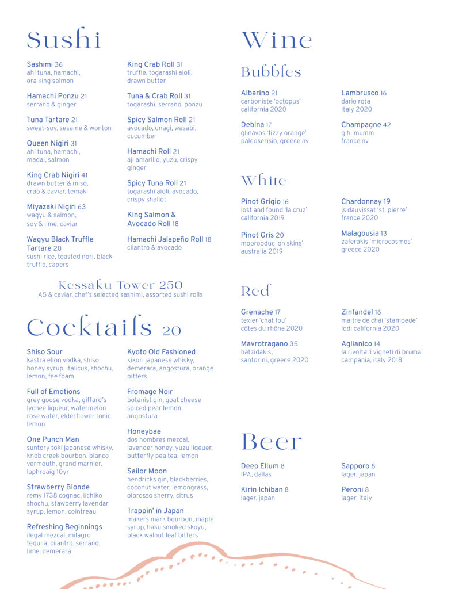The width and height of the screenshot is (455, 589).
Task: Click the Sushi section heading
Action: tap(64, 40)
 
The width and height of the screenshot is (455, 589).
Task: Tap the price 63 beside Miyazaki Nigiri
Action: tap(81, 206)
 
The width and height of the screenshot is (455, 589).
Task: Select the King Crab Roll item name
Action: tap(151, 64)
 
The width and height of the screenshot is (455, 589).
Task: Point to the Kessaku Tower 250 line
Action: tap(120, 285)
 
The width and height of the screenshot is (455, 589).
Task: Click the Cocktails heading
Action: tap(104, 327)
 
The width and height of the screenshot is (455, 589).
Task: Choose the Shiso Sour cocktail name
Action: tap(44, 352)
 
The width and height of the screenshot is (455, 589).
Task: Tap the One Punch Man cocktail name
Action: tap(53, 439)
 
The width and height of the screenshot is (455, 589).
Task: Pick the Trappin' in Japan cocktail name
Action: tap(155, 511)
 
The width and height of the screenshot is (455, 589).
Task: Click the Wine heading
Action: tap(277, 40)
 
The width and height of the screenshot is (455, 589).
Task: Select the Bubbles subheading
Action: tap(271, 72)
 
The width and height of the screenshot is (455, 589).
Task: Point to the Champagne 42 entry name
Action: tap(361, 125)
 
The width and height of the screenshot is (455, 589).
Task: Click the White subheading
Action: tap(263, 181)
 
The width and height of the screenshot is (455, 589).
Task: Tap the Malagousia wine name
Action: tap(360, 234)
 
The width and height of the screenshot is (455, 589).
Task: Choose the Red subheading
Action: tap(255, 291)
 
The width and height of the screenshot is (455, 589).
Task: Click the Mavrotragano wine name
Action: tap(264, 344)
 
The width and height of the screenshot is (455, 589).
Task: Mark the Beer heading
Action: tap(272, 442)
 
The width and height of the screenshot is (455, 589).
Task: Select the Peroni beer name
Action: tap(352, 489)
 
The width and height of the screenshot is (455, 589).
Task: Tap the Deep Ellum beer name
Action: tap(259, 466)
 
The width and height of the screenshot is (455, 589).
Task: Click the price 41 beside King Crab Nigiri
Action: tap(85, 175)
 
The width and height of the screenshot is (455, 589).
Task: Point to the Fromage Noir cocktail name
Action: tap(150, 392)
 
